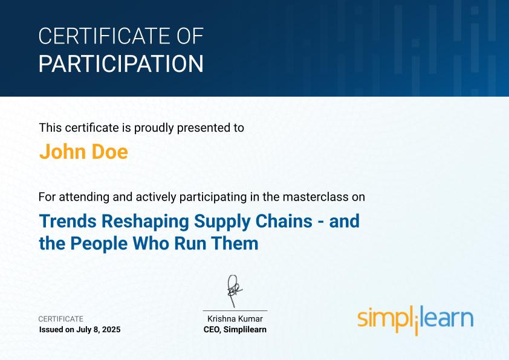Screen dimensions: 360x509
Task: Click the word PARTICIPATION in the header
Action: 121,63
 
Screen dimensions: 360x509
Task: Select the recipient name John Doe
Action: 83,152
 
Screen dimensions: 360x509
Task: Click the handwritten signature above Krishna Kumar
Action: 234,291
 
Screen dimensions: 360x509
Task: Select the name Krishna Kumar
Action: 235,319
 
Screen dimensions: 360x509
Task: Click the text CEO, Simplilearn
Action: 235,330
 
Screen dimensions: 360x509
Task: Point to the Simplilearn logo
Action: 415,319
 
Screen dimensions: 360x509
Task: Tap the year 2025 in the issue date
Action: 111,330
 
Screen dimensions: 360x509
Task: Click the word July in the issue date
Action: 85,330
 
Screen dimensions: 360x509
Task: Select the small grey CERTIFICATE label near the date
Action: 61,319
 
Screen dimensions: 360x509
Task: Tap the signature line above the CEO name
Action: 235,310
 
